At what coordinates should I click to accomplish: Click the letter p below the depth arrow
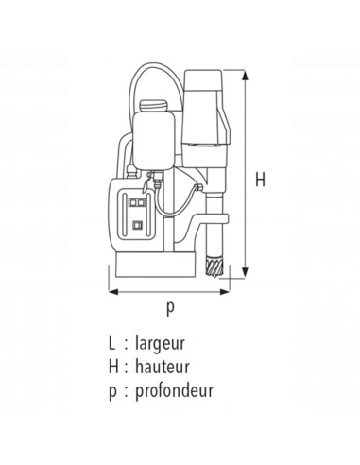pos(171,305)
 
